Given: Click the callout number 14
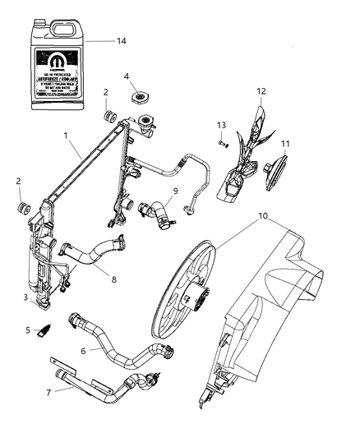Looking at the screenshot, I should (x=122, y=39).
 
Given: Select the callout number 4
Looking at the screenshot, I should (x=127, y=78).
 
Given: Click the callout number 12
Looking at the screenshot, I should (x=262, y=91).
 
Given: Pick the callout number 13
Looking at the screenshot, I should (x=220, y=124).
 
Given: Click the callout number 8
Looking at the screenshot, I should (x=113, y=279).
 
